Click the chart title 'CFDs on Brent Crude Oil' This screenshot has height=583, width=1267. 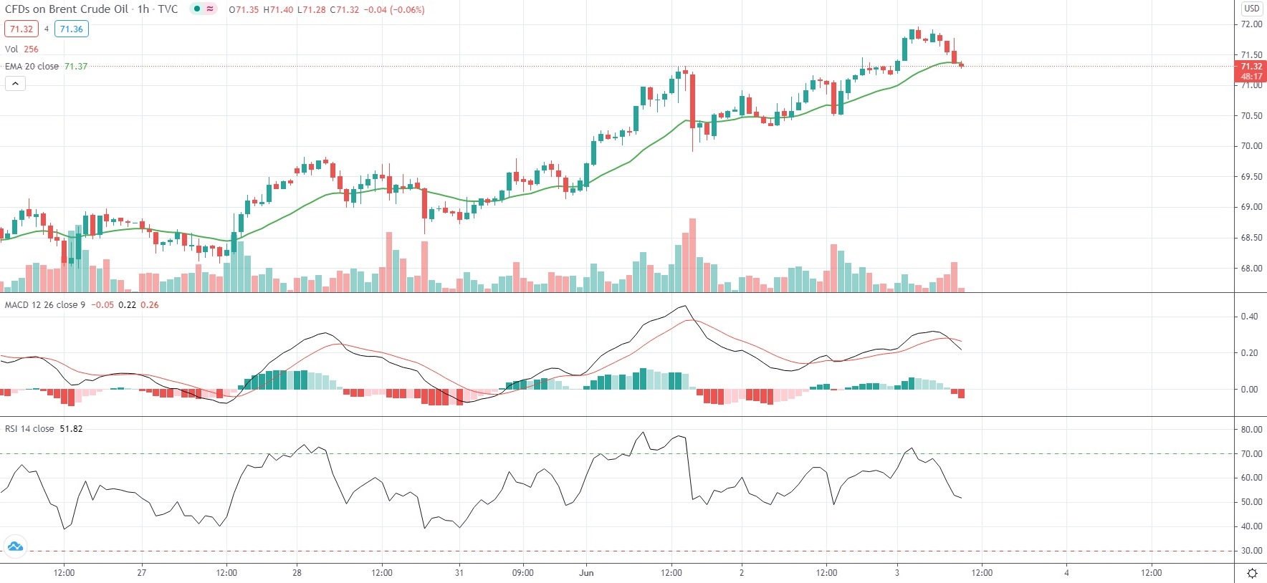click(67, 9)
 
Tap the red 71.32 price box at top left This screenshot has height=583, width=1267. click(21, 29)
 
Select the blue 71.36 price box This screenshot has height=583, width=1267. click(71, 29)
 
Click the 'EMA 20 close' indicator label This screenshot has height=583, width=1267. click(32, 66)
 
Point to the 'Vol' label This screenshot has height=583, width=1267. click(11, 49)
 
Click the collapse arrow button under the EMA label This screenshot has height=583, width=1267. click(15, 84)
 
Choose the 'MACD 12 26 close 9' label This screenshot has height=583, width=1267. click(45, 304)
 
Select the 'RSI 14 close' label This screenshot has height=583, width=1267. click(29, 428)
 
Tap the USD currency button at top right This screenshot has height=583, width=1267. click(1251, 9)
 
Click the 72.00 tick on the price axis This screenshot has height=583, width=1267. click(1251, 24)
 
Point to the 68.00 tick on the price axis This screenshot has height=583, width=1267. click(1251, 269)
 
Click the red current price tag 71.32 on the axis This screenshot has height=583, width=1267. click(1251, 67)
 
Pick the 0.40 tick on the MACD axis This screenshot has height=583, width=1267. click(1249, 317)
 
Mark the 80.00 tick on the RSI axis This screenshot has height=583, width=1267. click(1251, 430)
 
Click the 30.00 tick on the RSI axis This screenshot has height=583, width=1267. click(1251, 551)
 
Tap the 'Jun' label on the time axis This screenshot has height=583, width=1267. click(586, 572)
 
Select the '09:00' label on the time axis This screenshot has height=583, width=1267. click(523, 572)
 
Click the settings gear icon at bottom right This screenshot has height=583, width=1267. click(1252, 573)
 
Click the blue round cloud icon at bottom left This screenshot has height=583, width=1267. click(15, 547)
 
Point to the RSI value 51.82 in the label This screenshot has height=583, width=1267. click(71, 428)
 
